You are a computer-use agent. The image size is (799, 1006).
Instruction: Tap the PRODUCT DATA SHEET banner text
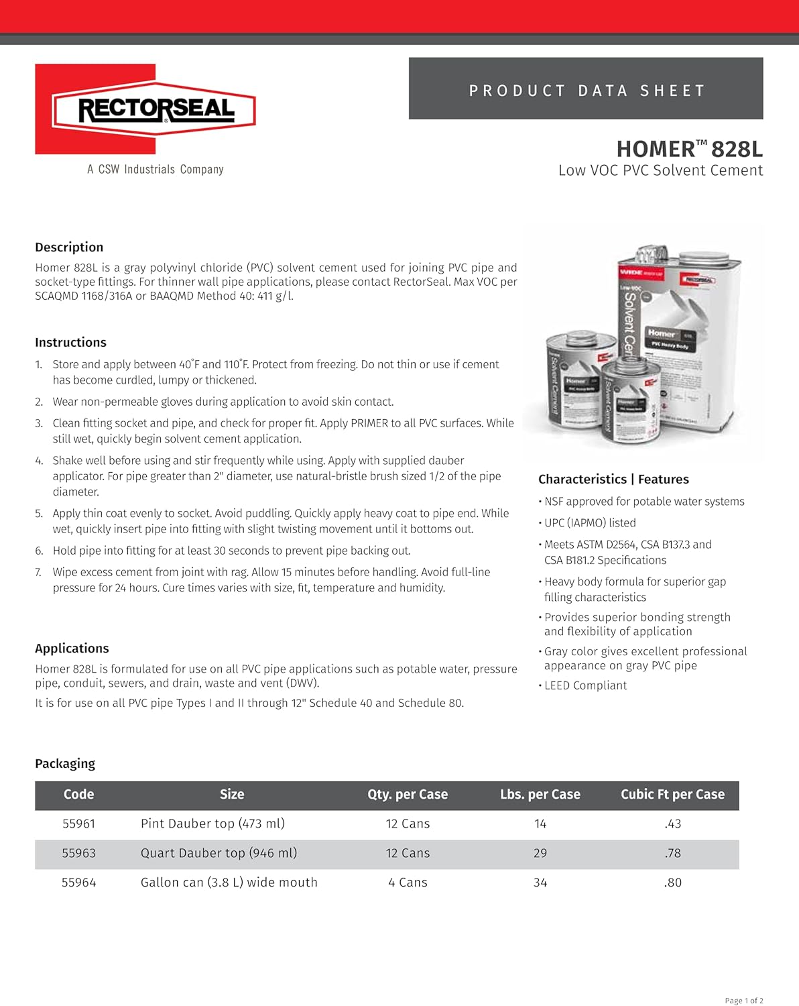click(587, 91)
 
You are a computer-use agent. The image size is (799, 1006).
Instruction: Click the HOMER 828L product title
click(689, 149)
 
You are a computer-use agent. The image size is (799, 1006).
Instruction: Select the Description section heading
click(69, 247)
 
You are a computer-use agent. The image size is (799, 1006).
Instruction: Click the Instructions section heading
click(70, 343)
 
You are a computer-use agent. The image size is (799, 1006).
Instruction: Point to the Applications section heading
click(72, 649)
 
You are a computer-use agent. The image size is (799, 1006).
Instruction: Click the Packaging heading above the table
click(65, 764)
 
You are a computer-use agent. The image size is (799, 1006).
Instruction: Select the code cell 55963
click(78, 854)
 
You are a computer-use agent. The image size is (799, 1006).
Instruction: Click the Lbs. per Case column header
click(540, 795)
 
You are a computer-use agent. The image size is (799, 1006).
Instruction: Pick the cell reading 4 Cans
click(408, 883)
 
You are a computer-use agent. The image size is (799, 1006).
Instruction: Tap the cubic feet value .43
click(672, 824)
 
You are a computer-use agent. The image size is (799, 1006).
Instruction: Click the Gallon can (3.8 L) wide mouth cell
click(229, 883)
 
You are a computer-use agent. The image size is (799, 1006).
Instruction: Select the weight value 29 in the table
click(540, 854)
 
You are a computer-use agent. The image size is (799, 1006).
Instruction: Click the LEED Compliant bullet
click(585, 686)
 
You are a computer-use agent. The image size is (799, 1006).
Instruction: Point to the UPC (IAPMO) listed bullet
click(590, 523)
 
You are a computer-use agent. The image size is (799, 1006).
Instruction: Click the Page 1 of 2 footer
click(743, 1001)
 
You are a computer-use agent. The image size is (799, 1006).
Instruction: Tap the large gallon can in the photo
click(684, 335)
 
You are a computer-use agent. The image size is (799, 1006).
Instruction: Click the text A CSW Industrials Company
click(156, 170)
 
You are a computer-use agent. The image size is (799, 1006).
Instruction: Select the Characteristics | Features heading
click(613, 480)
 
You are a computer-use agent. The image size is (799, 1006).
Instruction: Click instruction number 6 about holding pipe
click(231, 551)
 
